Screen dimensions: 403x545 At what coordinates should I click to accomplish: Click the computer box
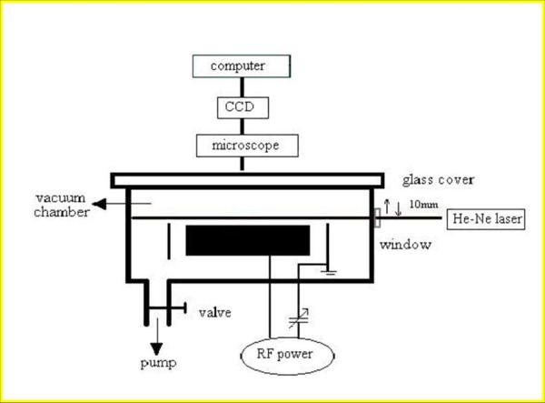pos(241,65)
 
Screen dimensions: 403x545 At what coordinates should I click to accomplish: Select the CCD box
pos(241,107)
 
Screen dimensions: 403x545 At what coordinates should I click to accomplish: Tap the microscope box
pos(241,145)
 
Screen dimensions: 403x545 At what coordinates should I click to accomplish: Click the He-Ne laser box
pos(482,219)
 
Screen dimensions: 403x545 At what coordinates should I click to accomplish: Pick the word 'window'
pos(404,245)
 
